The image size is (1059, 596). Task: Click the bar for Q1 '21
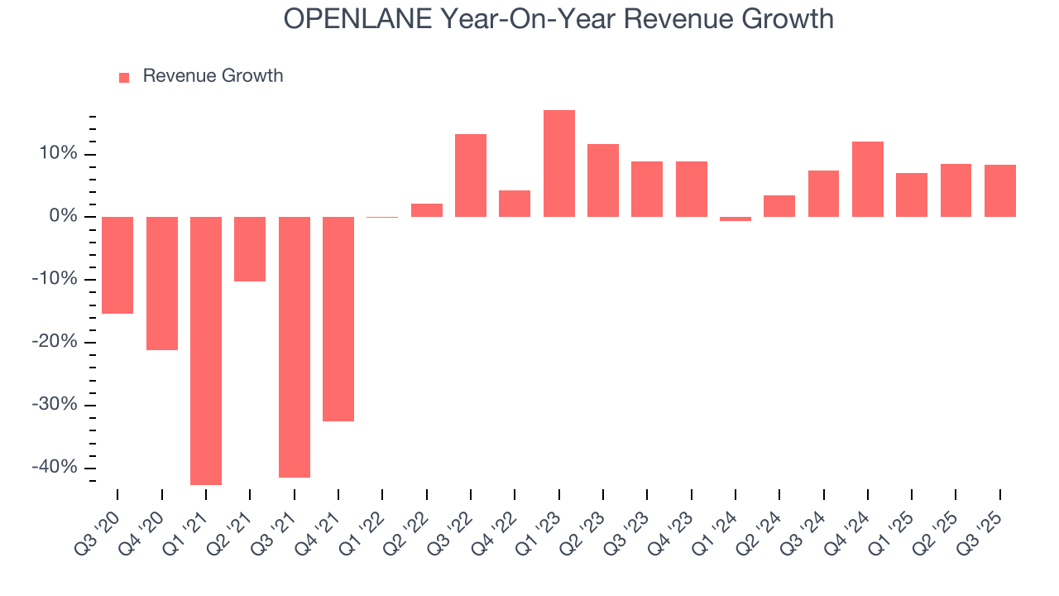point(206,350)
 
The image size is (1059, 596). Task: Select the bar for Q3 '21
point(294,347)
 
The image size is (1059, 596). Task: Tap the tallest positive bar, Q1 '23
point(559,163)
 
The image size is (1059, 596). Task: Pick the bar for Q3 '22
point(471,175)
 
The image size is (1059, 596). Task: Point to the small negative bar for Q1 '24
point(736,219)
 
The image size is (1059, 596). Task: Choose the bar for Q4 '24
point(868,179)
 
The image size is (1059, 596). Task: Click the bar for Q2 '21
point(250,249)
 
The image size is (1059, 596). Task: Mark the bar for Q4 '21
point(338,319)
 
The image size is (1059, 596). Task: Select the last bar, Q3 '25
point(1000,190)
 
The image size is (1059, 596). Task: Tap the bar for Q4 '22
point(515,204)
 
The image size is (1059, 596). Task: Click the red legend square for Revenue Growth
point(124,77)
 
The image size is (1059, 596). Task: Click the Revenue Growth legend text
point(213,76)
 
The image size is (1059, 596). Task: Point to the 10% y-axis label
point(56,154)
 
